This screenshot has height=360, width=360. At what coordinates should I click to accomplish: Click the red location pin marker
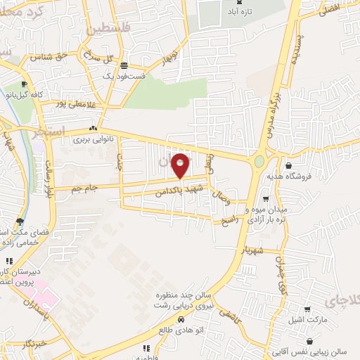(x=180, y=166)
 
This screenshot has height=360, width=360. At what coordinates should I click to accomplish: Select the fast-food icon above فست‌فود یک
(x=124, y=64)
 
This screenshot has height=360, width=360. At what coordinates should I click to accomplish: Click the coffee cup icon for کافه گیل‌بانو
(x=25, y=84)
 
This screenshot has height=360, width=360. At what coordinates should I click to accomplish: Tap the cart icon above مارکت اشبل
(x=307, y=309)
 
